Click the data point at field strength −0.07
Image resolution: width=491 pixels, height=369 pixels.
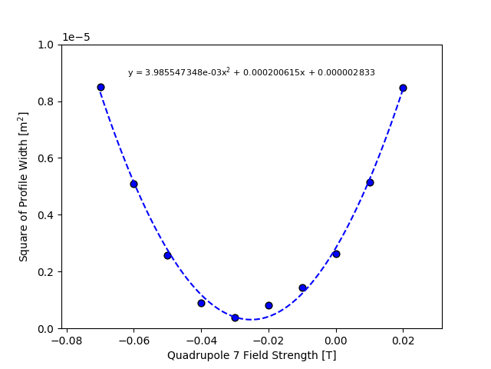tap(101, 87)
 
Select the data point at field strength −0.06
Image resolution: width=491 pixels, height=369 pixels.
tap(133, 184)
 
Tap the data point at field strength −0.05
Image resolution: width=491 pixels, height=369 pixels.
tap(167, 255)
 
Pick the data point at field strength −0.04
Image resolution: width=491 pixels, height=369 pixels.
tap(201, 303)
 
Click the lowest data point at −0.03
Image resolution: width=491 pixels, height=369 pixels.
tap(235, 317)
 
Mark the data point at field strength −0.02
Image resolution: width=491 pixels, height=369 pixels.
tap(269, 305)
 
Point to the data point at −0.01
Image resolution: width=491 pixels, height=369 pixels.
tap(302, 288)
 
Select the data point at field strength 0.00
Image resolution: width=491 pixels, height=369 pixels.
tap(336, 254)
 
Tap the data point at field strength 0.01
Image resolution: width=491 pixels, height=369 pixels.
tap(370, 182)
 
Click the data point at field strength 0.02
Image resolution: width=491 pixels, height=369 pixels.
tap(403, 88)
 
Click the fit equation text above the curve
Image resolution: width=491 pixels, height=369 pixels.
tap(252, 72)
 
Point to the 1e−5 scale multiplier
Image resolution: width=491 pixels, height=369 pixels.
tap(76, 37)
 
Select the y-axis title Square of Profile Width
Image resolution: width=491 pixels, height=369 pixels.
tap(24, 186)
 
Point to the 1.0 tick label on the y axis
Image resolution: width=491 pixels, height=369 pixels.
tap(48, 45)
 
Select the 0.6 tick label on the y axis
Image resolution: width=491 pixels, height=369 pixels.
tap(48, 158)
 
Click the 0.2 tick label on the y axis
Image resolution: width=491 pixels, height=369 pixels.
tap(48, 271)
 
